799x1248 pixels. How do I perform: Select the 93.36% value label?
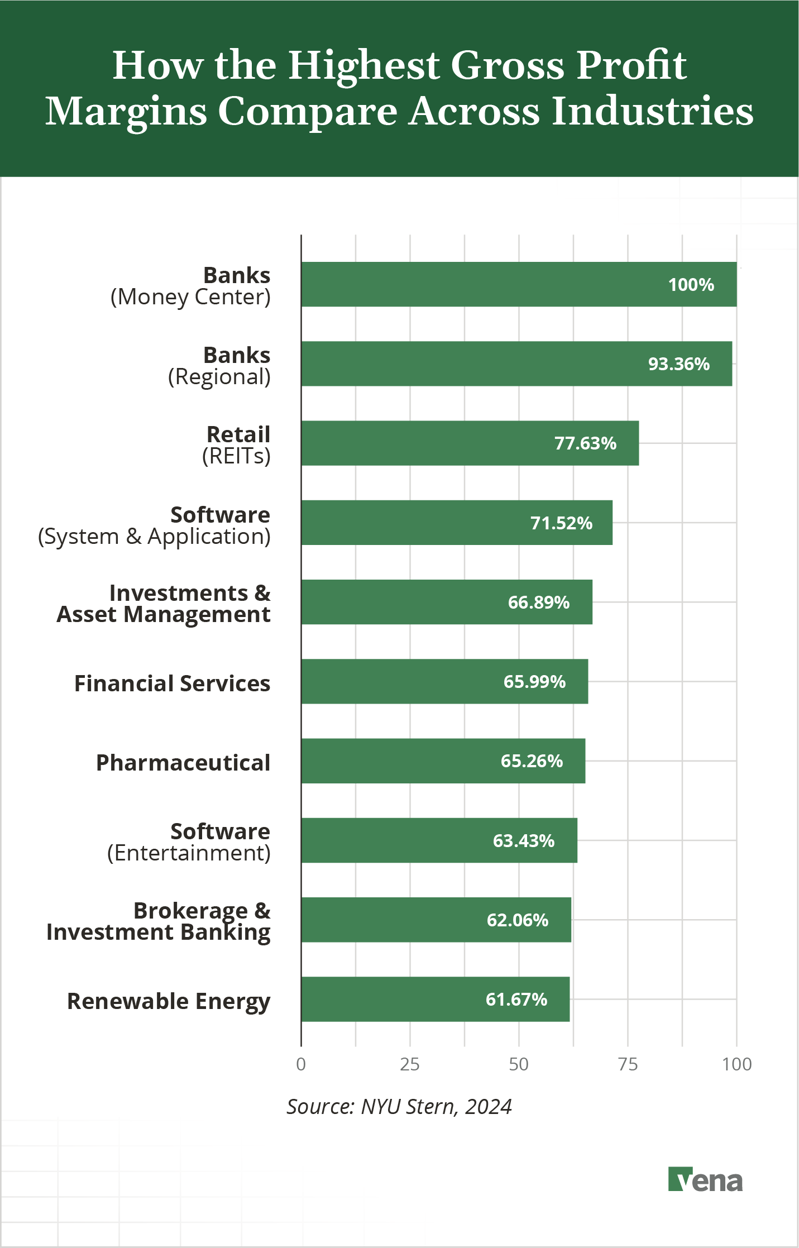pos(678,364)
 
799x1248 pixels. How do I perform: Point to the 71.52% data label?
pos(561,523)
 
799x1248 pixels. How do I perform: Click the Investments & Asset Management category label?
pos(164,604)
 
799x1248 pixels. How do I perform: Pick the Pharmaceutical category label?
pos(183,763)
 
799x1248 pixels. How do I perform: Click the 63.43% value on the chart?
pos(524,841)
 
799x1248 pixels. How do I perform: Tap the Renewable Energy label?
pos(169,1001)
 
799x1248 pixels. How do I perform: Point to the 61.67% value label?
pos(516,1000)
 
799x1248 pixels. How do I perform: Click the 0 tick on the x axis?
pos(301,1064)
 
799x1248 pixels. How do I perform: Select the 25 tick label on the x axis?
pos(410,1064)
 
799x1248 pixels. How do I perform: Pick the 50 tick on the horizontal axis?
pos(519,1064)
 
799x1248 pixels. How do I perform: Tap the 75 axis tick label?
pos(628,1064)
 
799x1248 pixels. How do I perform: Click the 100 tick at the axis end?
pos(736,1064)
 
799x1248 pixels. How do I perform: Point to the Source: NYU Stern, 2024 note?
pos(399,1107)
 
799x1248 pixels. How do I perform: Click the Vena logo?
pos(705,1179)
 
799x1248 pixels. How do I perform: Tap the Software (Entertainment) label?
pos(189,842)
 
